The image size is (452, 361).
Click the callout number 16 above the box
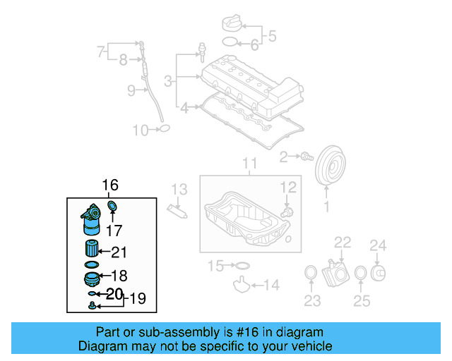[x=110, y=185]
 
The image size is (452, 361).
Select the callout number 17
[x=114, y=230]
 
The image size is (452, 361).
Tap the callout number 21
[x=119, y=252]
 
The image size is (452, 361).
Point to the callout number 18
[x=119, y=276]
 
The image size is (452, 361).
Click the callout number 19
[x=137, y=298]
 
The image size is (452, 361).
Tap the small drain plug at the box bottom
[x=93, y=305]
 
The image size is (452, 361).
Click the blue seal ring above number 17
[x=112, y=206]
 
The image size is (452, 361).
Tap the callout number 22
[x=343, y=243]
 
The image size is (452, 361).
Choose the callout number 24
[x=379, y=245]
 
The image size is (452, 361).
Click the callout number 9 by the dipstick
[x=131, y=90]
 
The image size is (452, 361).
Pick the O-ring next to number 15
[x=241, y=266]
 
